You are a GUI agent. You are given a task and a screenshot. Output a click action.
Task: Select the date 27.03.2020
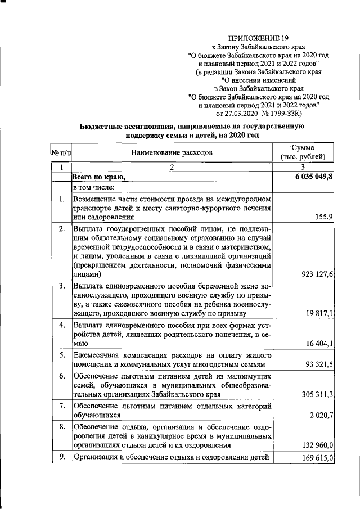coord(252,114)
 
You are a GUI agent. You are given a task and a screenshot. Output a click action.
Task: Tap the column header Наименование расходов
coord(172,152)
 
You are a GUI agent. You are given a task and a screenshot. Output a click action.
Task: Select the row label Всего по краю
coord(98,177)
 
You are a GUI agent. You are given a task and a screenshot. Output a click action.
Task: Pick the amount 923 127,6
coord(316,274)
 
